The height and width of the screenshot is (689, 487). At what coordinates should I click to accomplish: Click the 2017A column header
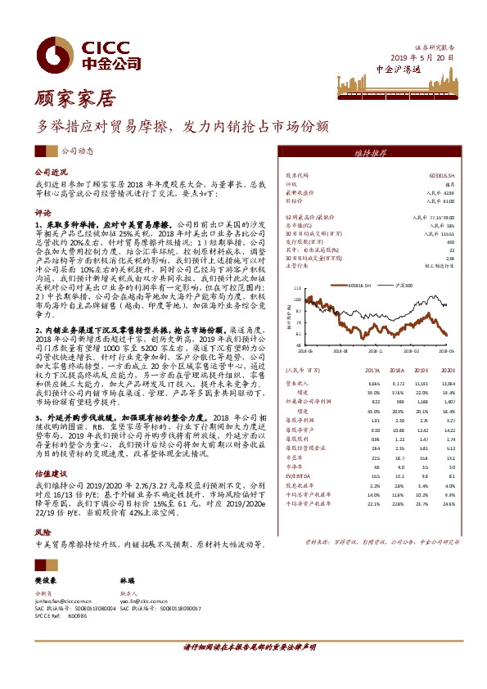[375, 370]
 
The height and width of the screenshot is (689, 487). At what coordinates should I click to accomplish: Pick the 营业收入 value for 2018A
[399, 383]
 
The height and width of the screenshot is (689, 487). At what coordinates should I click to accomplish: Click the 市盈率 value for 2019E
[423, 457]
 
